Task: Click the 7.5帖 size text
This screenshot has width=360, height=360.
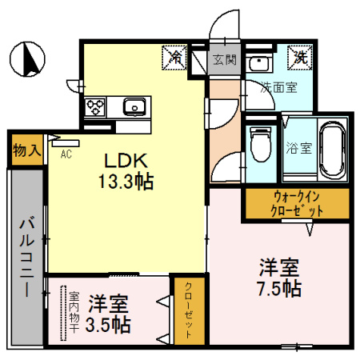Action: pyautogui.click(x=278, y=287)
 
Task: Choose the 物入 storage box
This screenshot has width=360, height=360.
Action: pyautogui.click(x=26, y=150)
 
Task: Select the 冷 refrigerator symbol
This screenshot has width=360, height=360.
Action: pyautogui.click(x=174, y=58)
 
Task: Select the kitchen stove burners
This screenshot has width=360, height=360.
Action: pyautogui.click(x=94, y=105)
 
